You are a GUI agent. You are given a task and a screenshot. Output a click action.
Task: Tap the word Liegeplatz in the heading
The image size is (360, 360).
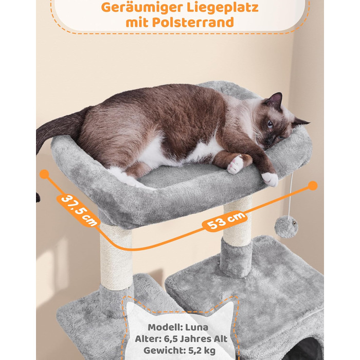point(223,8)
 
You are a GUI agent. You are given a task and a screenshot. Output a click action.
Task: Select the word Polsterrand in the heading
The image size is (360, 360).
point(193,23)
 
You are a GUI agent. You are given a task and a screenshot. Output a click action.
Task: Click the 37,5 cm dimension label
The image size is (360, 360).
point(79,210)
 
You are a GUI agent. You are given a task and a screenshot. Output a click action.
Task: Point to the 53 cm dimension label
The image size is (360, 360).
point(226,221)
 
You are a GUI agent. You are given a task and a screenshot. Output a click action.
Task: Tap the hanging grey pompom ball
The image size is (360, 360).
point(286,226)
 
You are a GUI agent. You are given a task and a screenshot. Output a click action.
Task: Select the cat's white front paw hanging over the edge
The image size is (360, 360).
point(271,179)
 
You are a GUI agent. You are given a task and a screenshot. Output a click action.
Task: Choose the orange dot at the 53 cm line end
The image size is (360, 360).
point(313,186)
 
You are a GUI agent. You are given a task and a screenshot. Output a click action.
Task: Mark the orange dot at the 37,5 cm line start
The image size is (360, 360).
point(44,174)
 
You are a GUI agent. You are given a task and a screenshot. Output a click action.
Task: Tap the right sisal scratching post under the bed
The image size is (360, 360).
point(238,221)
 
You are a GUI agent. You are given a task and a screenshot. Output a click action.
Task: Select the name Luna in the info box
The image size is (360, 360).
point(196,328)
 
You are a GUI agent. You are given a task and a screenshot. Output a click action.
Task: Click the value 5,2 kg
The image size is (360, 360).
point(202,351)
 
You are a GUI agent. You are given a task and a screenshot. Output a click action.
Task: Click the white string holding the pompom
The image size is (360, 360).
point(291,194)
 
